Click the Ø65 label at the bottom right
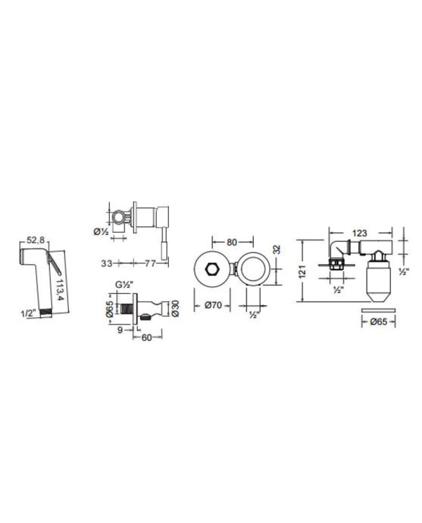[378, 323]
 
